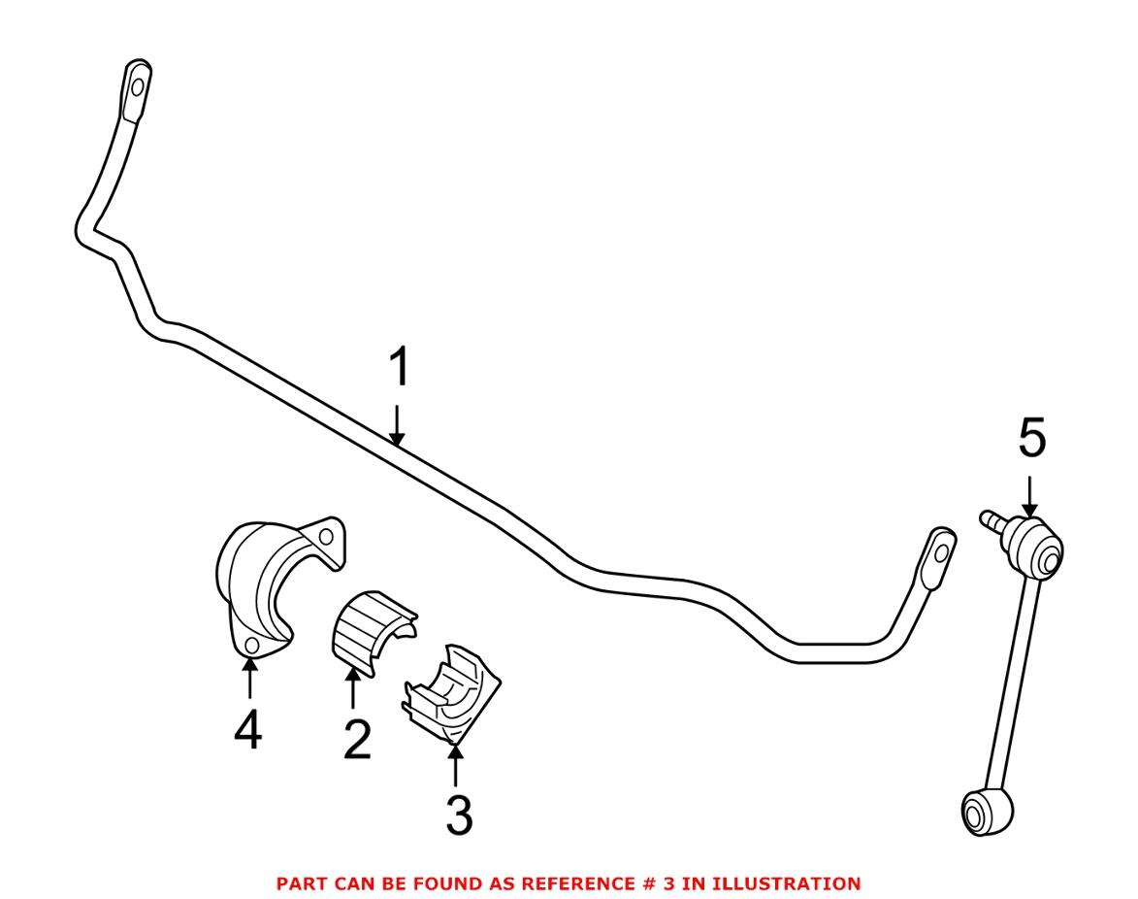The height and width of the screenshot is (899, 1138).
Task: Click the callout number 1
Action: tap(399, 370)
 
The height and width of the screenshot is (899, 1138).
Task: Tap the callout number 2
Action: tap(355, 740)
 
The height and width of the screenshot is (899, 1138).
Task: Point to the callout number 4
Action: tap(248, 730)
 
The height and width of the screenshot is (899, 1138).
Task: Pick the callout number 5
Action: tap(1032, 441)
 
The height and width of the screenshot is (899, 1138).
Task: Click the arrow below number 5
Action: tap(1030, 494)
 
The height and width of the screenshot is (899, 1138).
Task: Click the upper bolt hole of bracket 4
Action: tap(327, 536)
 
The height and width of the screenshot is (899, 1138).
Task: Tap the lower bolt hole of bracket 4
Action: tap(250, 648)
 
